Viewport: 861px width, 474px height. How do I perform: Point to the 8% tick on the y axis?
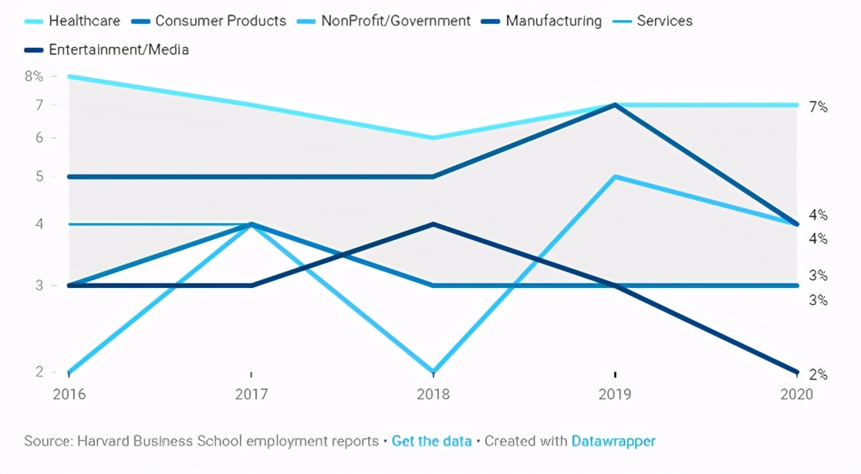tap(34, 76)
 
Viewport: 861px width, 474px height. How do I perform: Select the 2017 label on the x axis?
tap(252, 394)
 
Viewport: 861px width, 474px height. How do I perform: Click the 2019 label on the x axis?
tap(615, 394)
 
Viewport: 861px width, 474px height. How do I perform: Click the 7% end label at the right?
tap(818, 107)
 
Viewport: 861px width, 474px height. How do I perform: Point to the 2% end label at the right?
tap(818, 375)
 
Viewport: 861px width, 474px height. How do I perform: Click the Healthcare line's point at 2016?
tap(69, 76)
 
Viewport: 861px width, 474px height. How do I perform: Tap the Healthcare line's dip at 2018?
tap(434, 138)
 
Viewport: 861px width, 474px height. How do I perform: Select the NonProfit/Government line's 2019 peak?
tap(615, 177)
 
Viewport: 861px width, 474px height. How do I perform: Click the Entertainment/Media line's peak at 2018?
tap(434, 224)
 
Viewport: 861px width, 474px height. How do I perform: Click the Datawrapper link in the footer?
tap(613, 442)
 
